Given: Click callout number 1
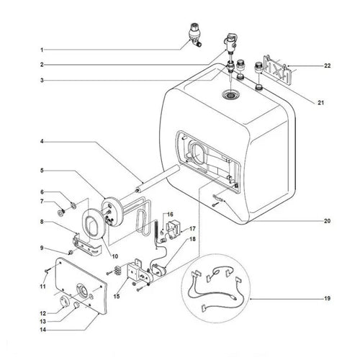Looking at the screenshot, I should click(42, 49).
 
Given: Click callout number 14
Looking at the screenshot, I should click(42, 330).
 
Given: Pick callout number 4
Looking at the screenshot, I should click(42, 143).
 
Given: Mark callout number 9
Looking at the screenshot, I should click(42, 248).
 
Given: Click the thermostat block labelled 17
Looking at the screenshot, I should click(173, 230).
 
